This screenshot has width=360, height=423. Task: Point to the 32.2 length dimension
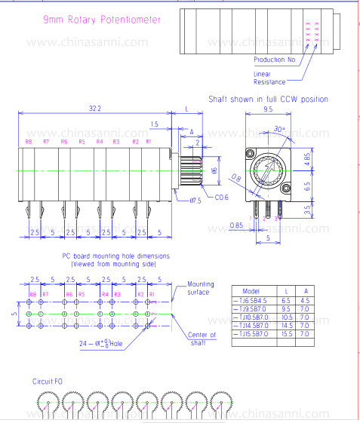coord(94,109)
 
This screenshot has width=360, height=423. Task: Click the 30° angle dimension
coord(280,129)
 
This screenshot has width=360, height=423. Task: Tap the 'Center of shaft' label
coord(202,339)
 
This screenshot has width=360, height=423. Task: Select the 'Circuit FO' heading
coord(47,382)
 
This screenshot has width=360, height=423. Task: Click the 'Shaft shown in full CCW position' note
coord(268,99)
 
